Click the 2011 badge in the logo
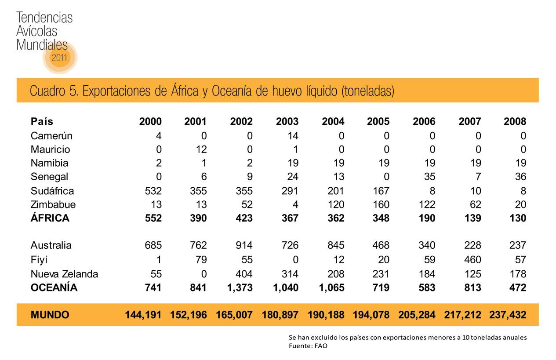(x=60, y=57)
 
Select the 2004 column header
(x=333, y=122)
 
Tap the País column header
(x=42, y=122)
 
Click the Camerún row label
(x=51, y=136)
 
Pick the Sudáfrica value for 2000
(x=153, y=191)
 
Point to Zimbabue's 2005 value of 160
(x=381, y=204)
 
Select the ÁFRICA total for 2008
(x=517, y=218)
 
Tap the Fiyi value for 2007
(x=472, y=259)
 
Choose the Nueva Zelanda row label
(x=64, y=274)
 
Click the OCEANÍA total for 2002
(x=240, y=288)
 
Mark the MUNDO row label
(x=50, y=315)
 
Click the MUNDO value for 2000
(x=144, y=315)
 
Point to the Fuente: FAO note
(x=308, y=346)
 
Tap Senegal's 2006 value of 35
(x=430, y=177)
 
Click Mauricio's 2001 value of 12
(x=202, y=149)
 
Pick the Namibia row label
(x=49, y=163)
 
